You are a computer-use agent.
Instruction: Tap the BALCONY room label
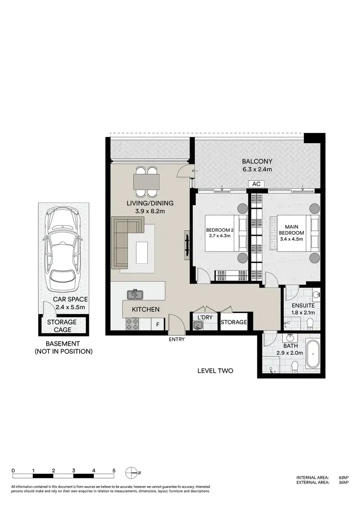pos(257,161)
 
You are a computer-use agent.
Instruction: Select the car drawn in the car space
pos(62,250)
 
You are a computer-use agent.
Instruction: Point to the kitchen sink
pos(134,294)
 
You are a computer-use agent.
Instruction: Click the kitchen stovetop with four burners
pos(132,324)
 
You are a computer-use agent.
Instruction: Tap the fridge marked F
pos(158,325)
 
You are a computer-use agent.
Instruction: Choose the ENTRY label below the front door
pos(176,340)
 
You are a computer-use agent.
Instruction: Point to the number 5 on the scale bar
pos(114,470)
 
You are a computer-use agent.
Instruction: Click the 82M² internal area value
pos(342,477)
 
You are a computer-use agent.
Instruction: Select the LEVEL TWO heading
pos(216,371)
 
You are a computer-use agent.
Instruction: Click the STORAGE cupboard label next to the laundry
pos(234,322)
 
